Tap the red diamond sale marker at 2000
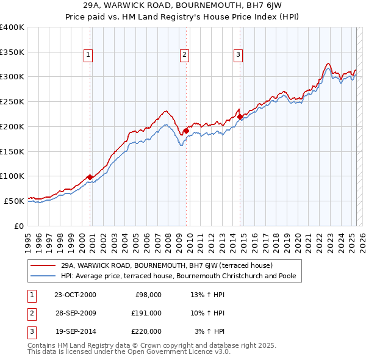point(90,177)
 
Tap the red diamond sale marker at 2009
point(186,130)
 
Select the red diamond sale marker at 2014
point(240,116)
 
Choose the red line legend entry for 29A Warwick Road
point(167,265)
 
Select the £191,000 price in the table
point(146,313)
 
